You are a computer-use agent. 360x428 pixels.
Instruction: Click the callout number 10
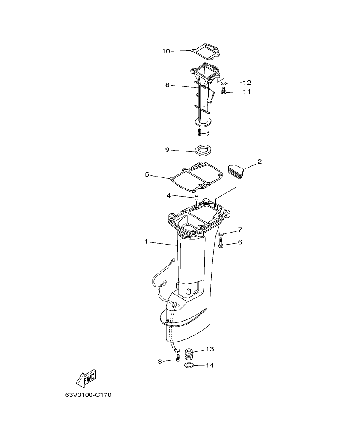166,51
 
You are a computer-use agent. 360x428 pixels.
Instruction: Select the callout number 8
168,85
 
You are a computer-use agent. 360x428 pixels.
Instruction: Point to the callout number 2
259,162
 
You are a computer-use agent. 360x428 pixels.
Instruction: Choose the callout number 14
210,366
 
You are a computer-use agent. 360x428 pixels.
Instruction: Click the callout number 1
146,242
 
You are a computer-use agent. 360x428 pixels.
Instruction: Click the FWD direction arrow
86,378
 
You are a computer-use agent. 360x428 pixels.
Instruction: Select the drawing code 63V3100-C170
89,395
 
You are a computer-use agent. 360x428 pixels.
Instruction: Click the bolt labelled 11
223,90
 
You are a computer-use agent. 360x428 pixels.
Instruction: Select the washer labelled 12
224,82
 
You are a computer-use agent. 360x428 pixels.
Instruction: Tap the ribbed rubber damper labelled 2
236,170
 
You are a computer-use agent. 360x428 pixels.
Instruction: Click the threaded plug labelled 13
189,354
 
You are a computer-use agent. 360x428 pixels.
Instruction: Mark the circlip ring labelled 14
189,366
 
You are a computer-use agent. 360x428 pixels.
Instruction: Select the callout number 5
147,174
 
